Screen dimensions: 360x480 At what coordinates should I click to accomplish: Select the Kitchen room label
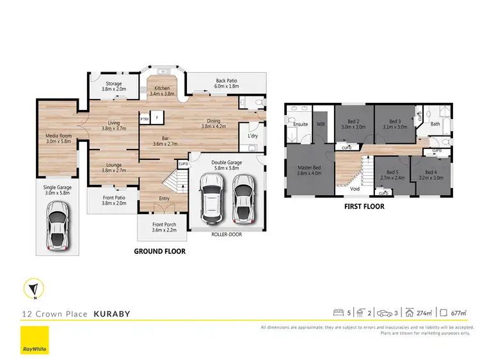pos(161,88)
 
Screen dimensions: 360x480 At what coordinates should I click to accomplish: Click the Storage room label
pos(114,83)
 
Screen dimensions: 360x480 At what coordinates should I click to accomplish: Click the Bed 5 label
pos(393,172)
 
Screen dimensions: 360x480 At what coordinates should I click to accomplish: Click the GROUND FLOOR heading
pos(159,251)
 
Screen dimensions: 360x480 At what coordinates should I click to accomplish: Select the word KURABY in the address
pos(113,314)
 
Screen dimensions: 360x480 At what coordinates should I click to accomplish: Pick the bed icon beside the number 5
pos(339,313)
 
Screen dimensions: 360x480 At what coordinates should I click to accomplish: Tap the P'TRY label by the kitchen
pos(144,119)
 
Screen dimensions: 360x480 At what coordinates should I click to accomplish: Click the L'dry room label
pos(252,135)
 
